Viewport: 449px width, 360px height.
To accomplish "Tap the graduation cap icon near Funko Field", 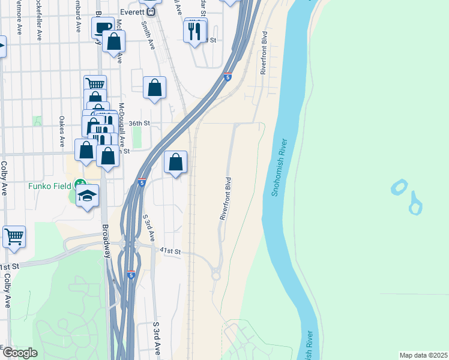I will click(88, 196).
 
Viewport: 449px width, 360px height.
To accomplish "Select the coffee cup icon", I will click(103, 27).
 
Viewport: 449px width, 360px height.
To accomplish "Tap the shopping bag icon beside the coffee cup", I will click(113, 42).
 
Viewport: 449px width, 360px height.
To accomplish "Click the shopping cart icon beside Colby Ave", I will click(14, 235).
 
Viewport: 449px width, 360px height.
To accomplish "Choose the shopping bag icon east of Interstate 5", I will click(175, 162).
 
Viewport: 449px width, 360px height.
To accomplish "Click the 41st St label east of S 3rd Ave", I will click(170, 251).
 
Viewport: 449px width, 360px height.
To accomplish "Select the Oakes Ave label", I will click(62, 131).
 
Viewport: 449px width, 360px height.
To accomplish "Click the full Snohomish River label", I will click(276, 169).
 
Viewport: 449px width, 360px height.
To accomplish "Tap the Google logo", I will click(20, 353).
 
